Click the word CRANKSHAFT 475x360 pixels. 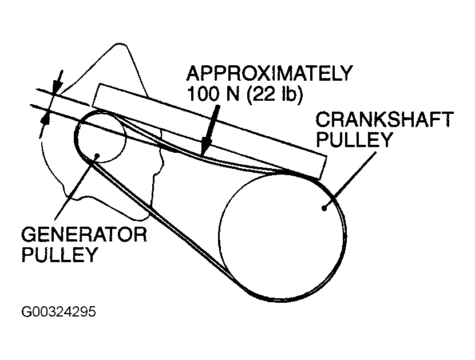coord(384,120)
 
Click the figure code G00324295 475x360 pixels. coord(58,312)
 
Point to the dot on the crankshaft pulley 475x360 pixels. coord(324,208)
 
